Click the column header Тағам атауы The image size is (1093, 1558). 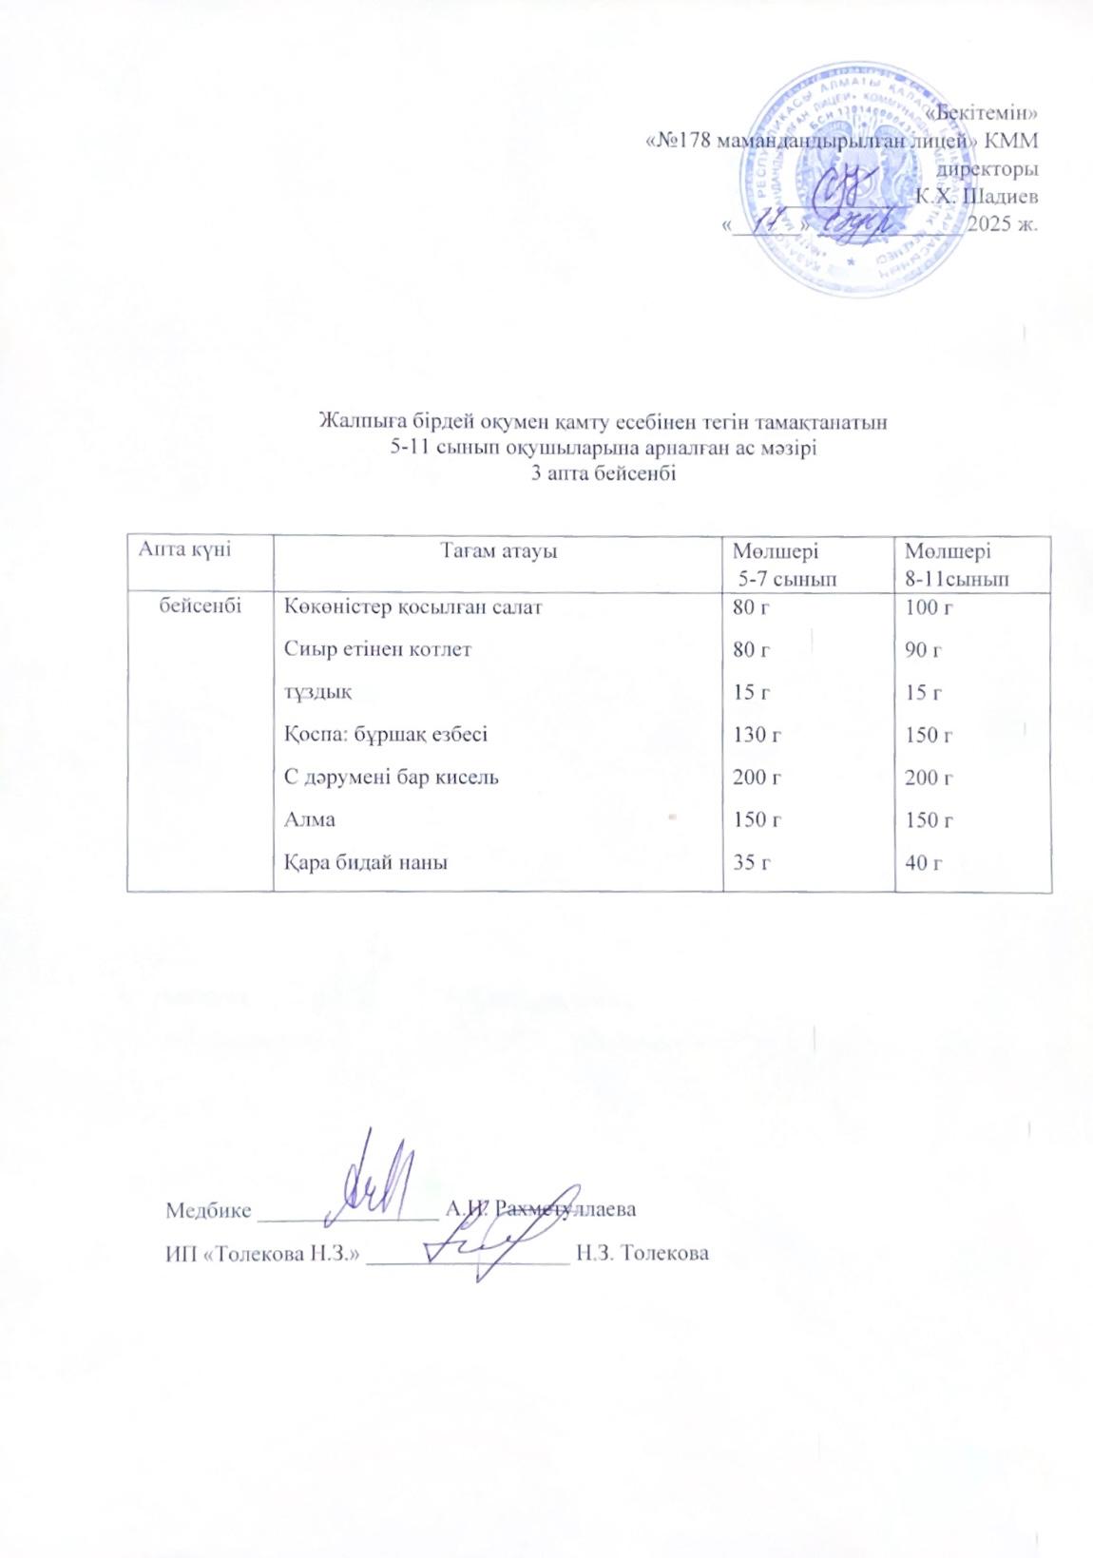[497, 550]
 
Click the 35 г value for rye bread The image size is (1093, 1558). [752, 863]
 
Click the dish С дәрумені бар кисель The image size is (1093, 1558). [392, 778]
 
